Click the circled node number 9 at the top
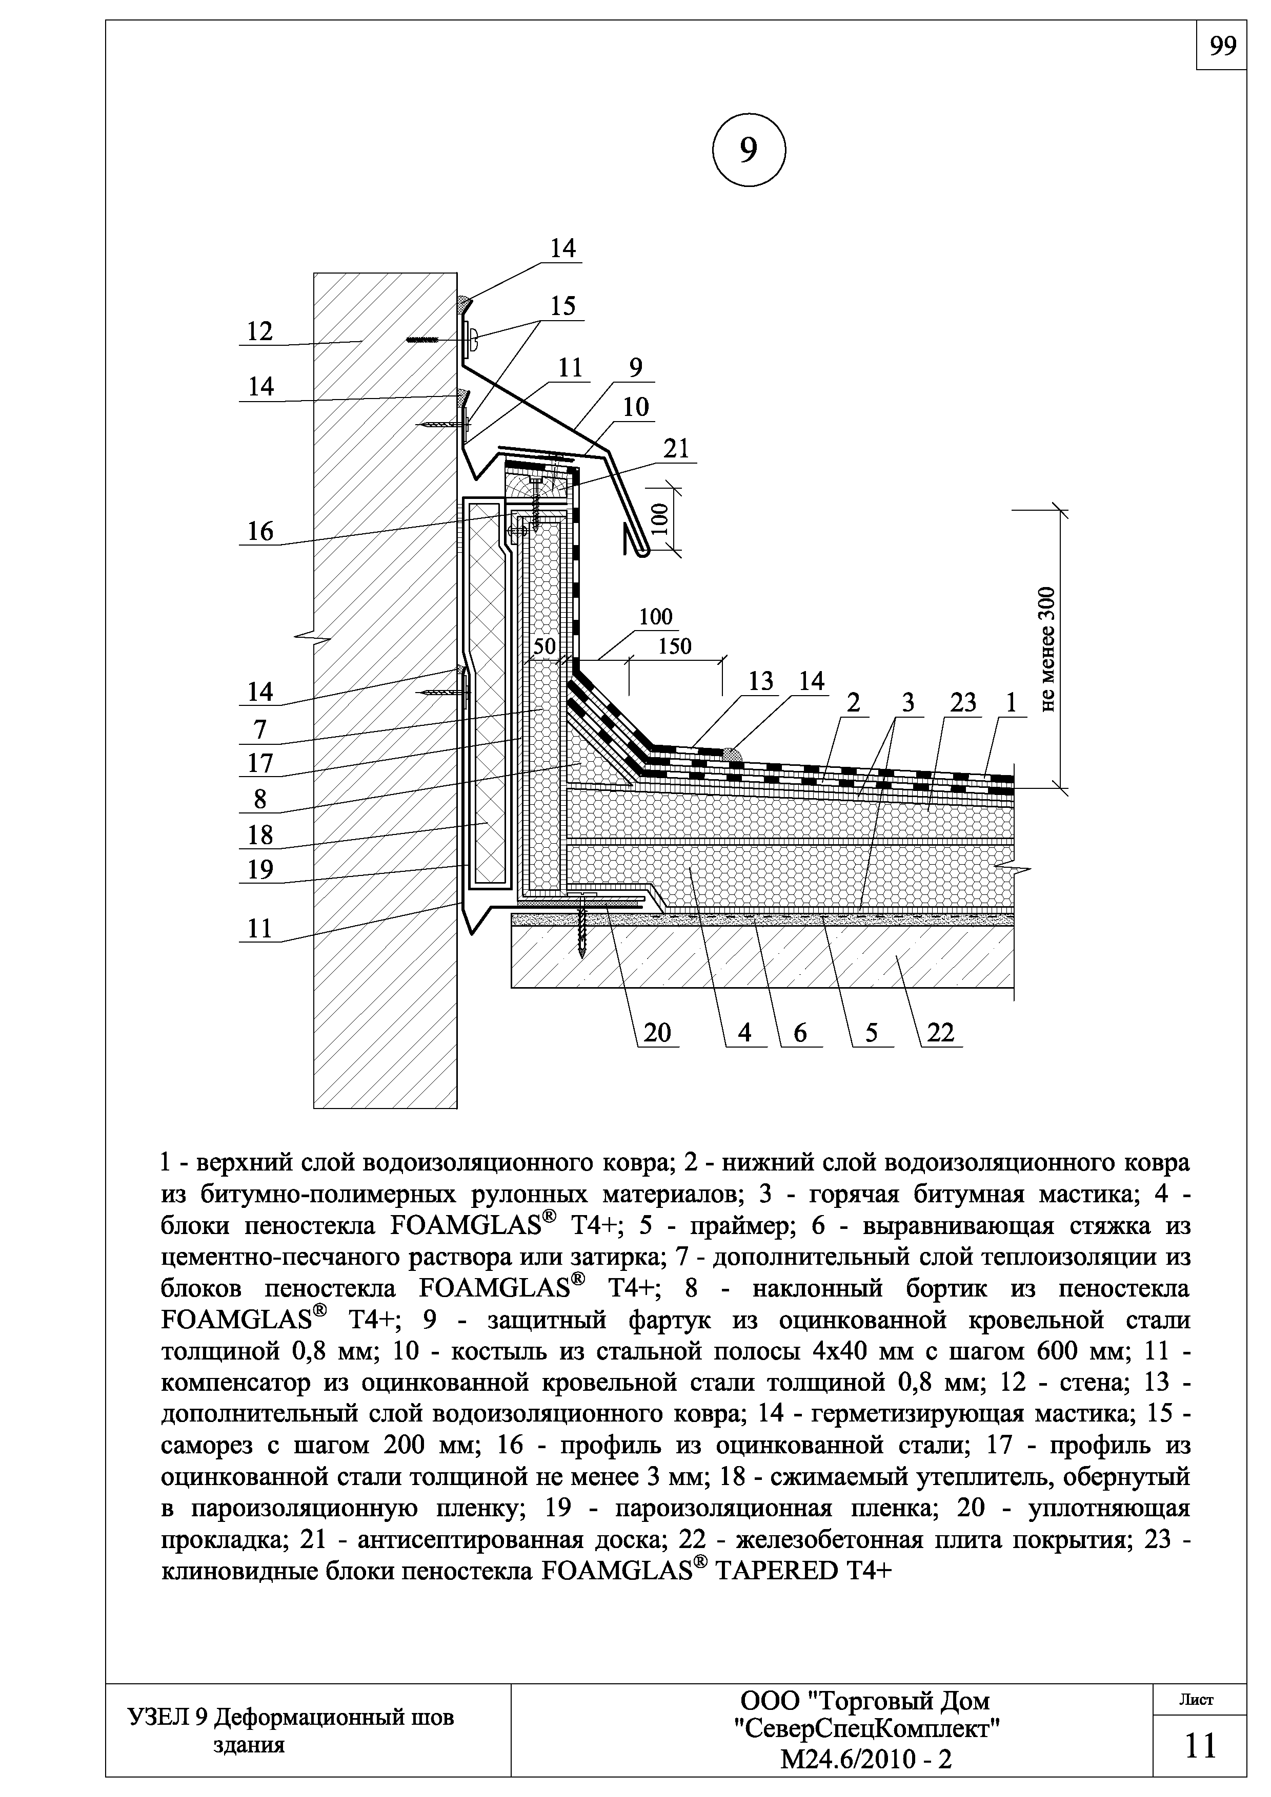[x=749, y=150]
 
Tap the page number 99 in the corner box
[x=1222, y=47]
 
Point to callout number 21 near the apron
[x=676, y=448]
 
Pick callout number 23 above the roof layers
[x=963, y=703]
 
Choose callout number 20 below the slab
[x=658, y=1033]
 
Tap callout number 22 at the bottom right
[x=940, y=1033]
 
